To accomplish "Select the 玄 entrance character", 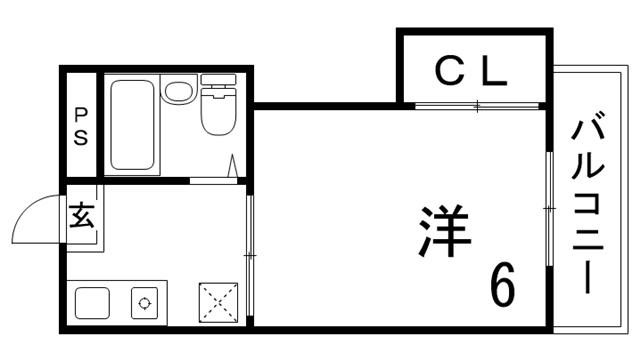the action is (x=82, y=215).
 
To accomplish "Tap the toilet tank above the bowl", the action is (x=217, y=79).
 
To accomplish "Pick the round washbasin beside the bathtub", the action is (x=177, y=93).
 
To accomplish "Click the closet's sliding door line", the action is (x=478, y=105).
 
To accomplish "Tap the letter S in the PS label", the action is (x=80, y=138).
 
